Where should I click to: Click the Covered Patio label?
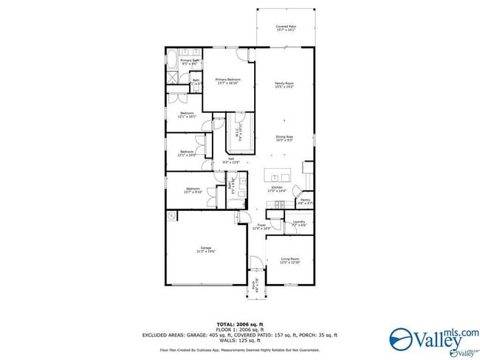click(286, 28)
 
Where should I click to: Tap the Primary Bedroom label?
click(229, 81)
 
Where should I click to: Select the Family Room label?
click(284, 85)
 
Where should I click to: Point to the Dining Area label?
click(284, 137)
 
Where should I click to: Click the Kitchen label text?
click(278, 189)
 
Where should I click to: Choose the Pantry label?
click(305, 201)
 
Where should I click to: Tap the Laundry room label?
click(299, 223)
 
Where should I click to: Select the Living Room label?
click(289, 260)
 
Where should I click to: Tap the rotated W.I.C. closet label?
click(237, 133)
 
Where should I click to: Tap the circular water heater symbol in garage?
click(172, 216)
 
